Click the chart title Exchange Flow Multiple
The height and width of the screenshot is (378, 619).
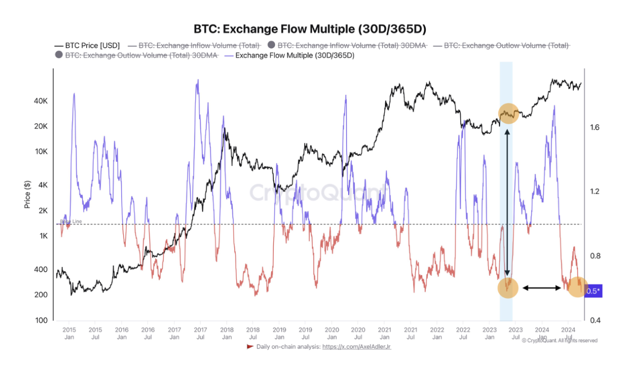click(309, 29)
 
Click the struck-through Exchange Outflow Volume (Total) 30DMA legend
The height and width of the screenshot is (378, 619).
click(141, 55)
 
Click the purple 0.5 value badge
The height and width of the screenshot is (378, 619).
click(593, 291)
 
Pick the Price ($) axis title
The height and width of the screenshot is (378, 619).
click(28, 194)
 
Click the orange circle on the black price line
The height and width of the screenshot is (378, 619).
click(508, 113)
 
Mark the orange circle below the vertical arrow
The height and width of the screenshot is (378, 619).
click(508, 288)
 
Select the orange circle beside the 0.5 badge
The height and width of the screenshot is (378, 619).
click(577, 287)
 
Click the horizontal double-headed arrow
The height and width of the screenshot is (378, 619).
click(542, 288)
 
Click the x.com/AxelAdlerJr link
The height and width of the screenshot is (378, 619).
click(357, 346)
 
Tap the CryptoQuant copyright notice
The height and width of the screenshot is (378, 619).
click(559, 340)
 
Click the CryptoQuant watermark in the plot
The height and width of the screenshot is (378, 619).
click(317, 193)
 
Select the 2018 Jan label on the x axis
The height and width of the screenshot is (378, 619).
click(227, 333)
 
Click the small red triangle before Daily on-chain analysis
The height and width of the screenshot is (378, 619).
click(250, 346)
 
